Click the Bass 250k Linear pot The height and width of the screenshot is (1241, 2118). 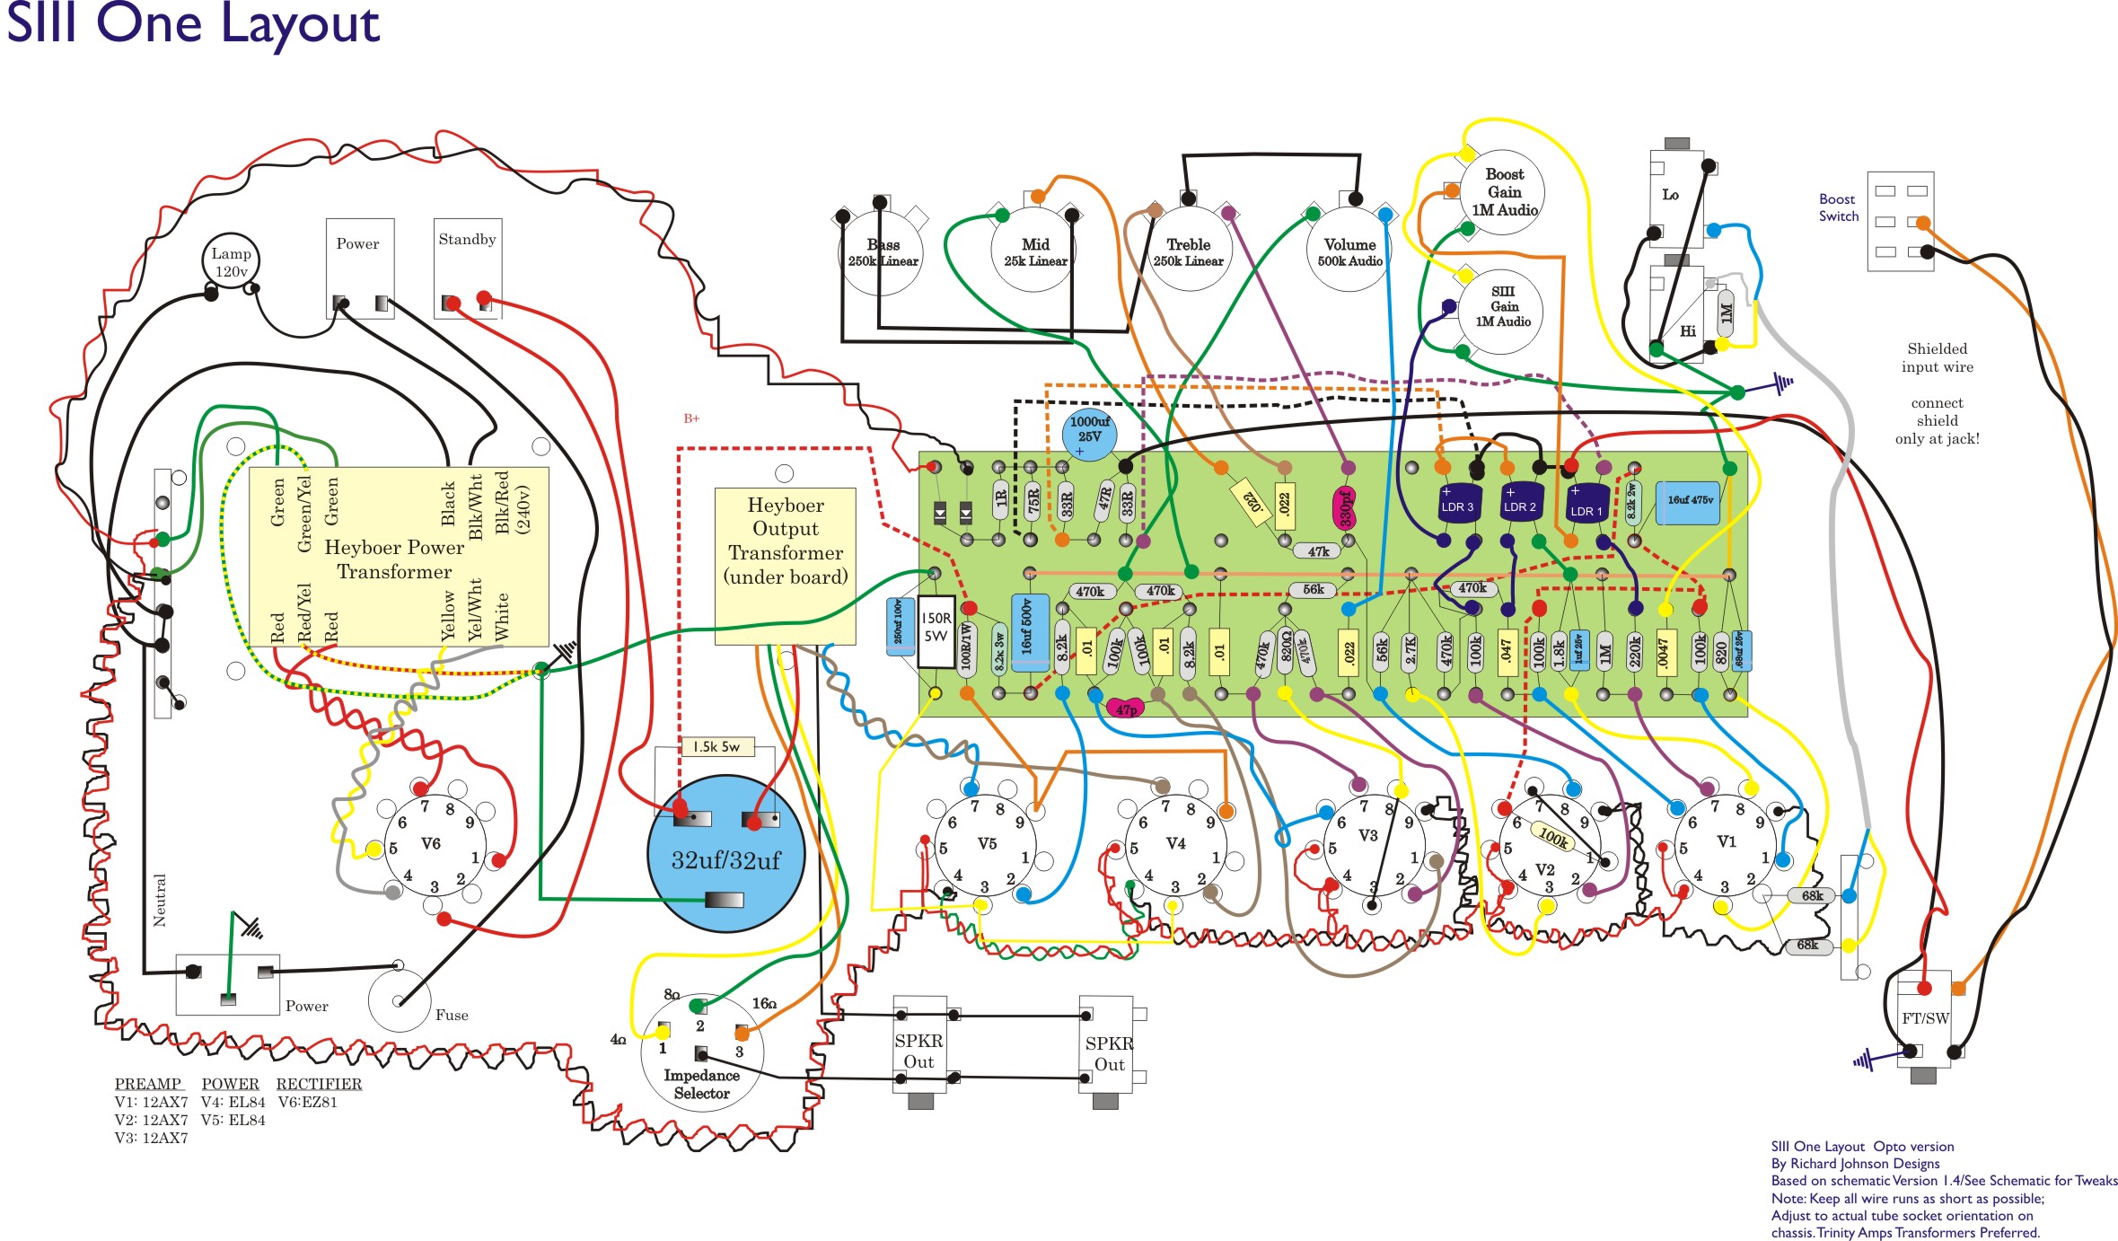tap(883, 252)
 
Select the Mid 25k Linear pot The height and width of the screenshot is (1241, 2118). tap(1035, 252)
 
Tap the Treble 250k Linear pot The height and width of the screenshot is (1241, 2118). tap(1188, 252)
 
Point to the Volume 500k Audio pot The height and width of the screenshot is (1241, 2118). tap(1349, 252)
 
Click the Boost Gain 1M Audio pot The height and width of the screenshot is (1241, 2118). tap(1504, 192)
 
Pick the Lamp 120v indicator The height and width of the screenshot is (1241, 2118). tap(231, 262)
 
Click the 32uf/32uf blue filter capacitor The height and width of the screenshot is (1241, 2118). tap(725, 859)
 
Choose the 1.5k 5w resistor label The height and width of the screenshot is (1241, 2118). tap(716, 747)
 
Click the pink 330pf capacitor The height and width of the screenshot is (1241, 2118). tap(1344, 508)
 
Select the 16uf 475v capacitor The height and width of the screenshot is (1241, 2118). tap(1689, 502)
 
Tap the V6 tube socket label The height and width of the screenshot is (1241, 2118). tap(431, 844)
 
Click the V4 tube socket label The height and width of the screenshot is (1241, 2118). tap(1175, 844)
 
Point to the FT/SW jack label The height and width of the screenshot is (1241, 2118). tap(1925, 1018)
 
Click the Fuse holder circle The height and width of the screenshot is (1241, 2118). tap(400, 1000)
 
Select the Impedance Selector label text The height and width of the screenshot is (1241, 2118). tap(701, 1085)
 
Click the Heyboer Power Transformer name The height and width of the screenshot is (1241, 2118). tap(394, 559)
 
